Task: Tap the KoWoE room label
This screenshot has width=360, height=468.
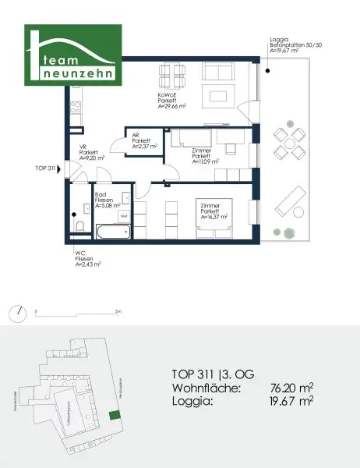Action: pos(169,96)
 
